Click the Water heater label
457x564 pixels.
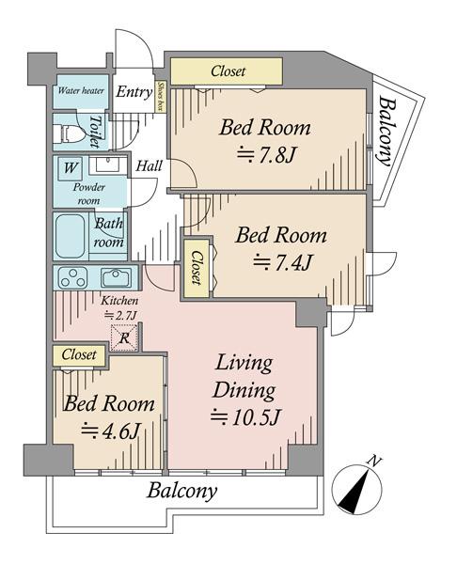tap(81, 90)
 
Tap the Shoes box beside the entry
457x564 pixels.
tap(160, 96)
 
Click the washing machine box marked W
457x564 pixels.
tap(70, 168)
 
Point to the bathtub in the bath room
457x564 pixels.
tap(71, 236)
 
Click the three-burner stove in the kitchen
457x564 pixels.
tap(73, 278)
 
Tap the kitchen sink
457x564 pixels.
tap(116, 277)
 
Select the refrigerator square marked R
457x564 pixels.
tap(124, 337)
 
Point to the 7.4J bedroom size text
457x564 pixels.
tap(282, 262)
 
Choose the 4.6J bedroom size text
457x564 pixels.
tap(110, 431)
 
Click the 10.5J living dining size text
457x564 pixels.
tap(245, 416)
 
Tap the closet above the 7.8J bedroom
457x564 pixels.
tap(227, 71)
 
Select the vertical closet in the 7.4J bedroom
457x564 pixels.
tap(197, 267)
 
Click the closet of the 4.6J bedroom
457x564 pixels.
tap(79, 355)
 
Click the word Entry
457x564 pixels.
tap(134, 92)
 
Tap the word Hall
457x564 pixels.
tap(149, 166)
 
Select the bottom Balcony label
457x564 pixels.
tap(181, 491)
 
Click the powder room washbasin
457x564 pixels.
tap(107, 165)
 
